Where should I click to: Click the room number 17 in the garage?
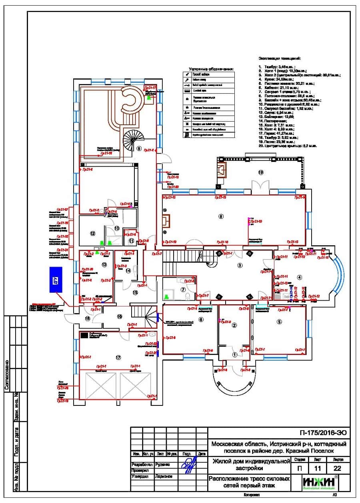click(x=118, y=357)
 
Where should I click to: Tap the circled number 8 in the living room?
click(x=220, y=216)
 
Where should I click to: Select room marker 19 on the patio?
click(x=261, y=173)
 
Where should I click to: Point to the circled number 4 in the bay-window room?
click(x=299, y=277)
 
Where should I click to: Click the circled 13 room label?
click(x=104, y=265)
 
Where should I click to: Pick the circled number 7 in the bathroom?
click(x=182, y=289)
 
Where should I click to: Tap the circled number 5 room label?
click(x=279, y=321)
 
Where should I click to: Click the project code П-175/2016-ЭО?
click(x=322, y=433)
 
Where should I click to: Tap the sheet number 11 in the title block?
click(x=318, y=468)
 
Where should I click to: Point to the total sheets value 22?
click(x=338, y=468)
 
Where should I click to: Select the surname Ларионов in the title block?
click(x=164, y=476)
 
